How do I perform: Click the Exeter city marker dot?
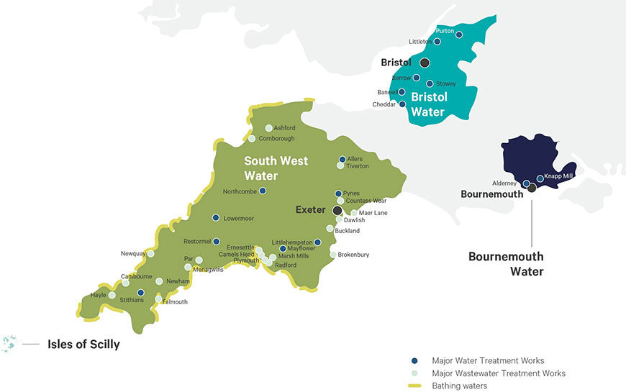(337, 211)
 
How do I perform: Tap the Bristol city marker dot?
(425, 63)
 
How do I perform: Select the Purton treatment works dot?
(459, 35)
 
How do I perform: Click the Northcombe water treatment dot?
(263, 191)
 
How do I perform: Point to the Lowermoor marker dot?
(215, 218)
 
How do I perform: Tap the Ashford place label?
(284, 128)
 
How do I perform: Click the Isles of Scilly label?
(83, 345)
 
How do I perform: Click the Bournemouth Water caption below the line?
(506, 263)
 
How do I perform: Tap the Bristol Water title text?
(430, 104)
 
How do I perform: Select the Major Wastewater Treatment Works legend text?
(499, 373)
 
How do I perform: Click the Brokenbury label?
(354, 255)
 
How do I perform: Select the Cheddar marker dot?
(402, 104)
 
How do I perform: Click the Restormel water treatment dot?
(216, 242)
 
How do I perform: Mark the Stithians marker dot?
(141, 293)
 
